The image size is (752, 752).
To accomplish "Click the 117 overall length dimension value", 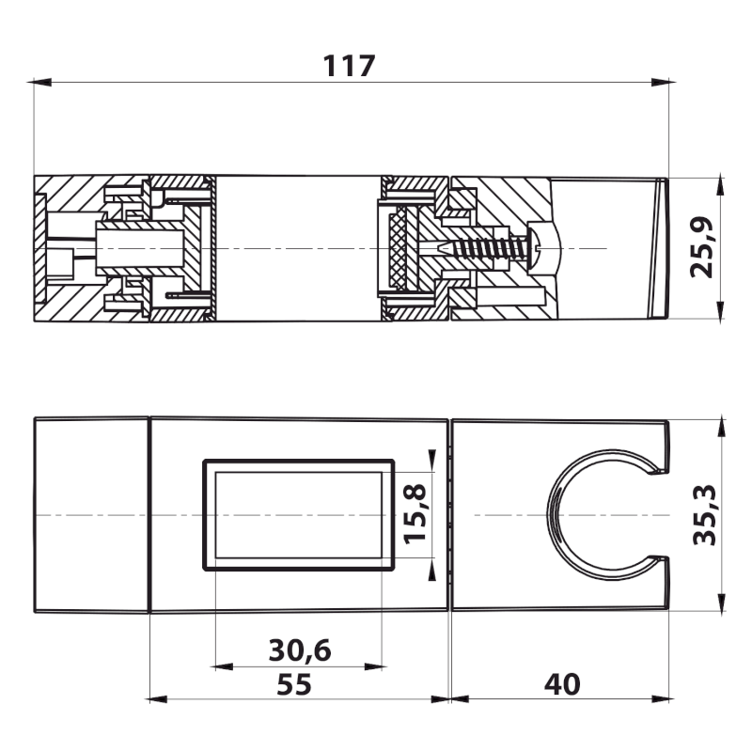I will click(x=350, y=66).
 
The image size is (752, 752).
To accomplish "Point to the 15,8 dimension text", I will click(x=415, y=514).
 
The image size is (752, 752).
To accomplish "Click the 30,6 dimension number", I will click(x=298, y=650).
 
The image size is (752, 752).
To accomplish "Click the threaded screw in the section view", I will click(x=484, y=248).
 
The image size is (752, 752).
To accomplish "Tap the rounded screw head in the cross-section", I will click(x=546, y=248).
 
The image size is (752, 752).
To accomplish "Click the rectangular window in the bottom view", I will click(x=298, y=514).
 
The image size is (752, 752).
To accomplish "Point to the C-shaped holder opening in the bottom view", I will click(x=602, y=514).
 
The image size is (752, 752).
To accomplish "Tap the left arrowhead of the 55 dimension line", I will click(x=156, y=698).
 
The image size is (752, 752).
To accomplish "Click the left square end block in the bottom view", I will click(x=91, y=514).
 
